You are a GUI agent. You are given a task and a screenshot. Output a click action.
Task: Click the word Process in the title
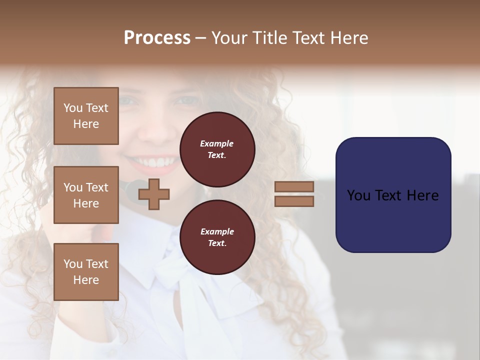[157, 38]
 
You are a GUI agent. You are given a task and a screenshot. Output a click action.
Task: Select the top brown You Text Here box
[86, 116]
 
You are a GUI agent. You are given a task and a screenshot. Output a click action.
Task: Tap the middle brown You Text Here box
[86, 195]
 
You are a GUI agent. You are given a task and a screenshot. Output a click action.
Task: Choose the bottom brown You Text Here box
[86, 271]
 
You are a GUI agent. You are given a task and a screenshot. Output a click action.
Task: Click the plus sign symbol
[154, 194]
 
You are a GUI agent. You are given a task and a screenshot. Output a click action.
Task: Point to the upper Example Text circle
[217, 149]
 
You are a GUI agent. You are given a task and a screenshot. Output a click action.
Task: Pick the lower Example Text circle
[217, 237]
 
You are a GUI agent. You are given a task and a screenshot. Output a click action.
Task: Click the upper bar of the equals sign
[294, 187]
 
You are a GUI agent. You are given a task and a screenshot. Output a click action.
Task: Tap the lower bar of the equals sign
[294, 201]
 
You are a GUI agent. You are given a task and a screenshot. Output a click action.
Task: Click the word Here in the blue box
[422, 195]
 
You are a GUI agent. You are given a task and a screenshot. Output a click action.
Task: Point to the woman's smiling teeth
[155, 162]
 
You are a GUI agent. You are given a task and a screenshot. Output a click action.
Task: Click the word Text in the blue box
[389, 195]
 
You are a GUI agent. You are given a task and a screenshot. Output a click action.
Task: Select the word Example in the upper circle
[217, 144]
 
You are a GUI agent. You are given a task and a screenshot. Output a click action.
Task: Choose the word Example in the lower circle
[217, 231]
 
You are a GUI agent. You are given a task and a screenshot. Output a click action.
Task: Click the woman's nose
[156, 131]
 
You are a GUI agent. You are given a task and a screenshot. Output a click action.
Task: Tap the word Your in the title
[229, 38]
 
